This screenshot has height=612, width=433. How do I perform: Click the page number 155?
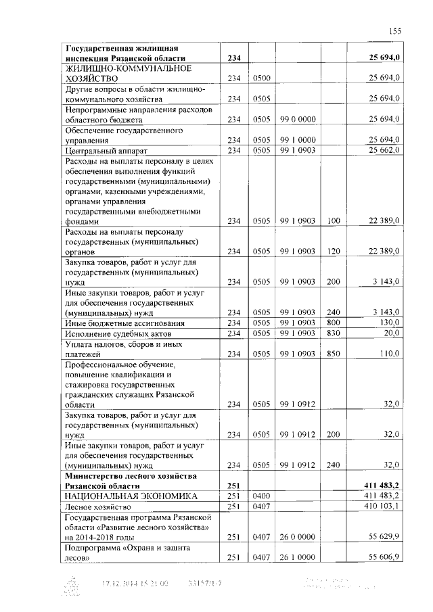pos(395,30)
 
